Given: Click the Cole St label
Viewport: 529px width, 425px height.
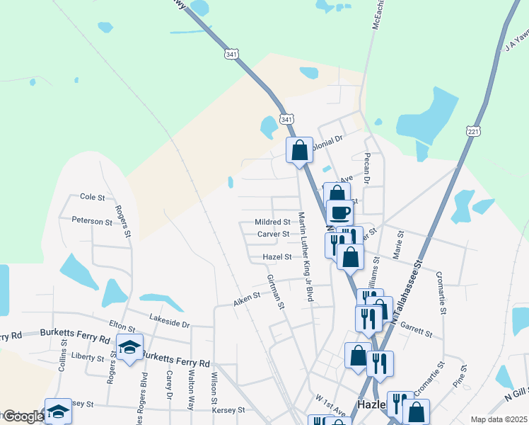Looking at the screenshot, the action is coord(92,196).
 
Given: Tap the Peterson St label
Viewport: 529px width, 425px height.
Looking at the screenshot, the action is coord(92,222).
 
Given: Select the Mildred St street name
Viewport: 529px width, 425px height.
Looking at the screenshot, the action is coord(273,222).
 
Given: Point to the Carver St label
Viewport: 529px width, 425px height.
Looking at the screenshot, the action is coord(273,234).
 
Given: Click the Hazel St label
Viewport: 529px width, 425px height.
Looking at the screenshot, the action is coord(277,256).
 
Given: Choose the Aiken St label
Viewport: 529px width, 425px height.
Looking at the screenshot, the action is coord(248,302).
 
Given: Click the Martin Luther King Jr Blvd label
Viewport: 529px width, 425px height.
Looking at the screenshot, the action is coord(305,256).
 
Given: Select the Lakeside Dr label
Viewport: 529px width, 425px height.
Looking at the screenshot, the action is coord(170,324).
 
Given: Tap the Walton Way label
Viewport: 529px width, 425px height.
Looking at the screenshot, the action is coord(191,388).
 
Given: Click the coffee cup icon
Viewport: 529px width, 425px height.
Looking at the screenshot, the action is coord(339,212).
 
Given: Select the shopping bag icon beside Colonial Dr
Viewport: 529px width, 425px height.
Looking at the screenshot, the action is coord(299,149).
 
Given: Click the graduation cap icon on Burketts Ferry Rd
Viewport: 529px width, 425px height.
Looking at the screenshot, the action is coord(130,346).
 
